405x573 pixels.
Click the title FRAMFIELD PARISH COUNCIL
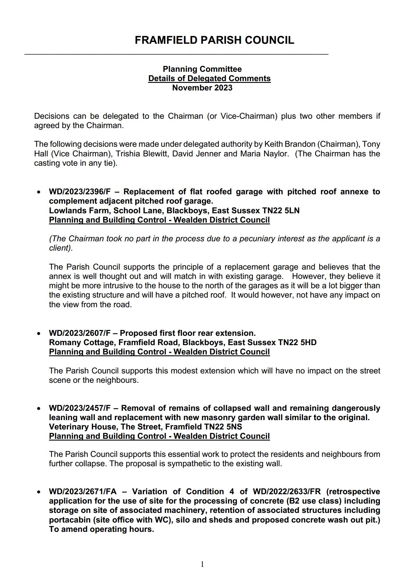coord(214,40)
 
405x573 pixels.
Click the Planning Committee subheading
coord(202,69)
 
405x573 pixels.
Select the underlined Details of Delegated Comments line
coord(209,78)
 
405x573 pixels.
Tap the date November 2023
coord(202,88)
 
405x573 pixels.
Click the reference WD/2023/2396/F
coord(80,192)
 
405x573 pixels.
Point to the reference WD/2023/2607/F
coord(80,333)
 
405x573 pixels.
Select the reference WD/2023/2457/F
coord(80,408)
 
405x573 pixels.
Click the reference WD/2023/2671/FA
coord(83,492)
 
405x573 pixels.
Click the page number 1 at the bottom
coord(202,564)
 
